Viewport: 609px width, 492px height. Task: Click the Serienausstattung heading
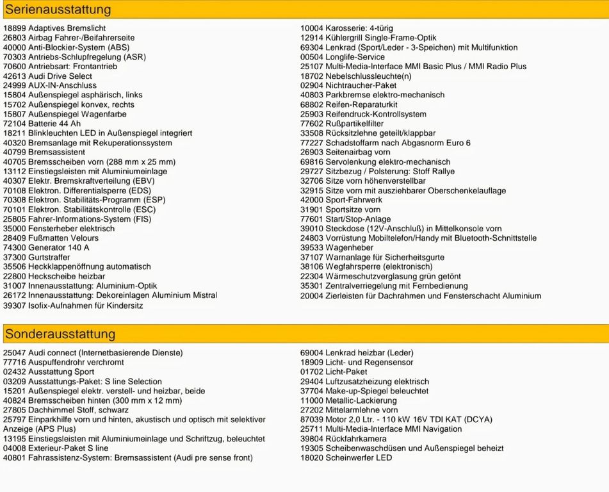pos(58,10)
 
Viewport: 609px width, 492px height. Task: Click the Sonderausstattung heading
pos(60,334)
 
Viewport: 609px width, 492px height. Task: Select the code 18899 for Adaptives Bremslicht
pos(14,28)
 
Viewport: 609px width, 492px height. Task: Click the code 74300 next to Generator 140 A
pos(14,247)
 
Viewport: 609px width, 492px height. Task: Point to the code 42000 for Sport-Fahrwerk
pos(311,200)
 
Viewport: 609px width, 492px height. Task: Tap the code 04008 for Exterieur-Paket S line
pos(14,448)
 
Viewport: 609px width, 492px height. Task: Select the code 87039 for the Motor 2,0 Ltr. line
pos(311,420)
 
